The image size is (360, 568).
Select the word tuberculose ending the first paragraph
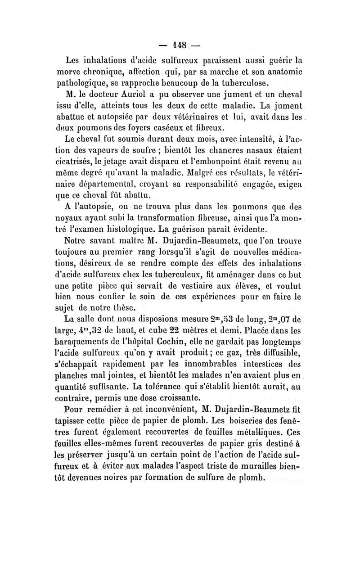pos(254,83)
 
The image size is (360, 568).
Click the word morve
pos(67,71)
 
